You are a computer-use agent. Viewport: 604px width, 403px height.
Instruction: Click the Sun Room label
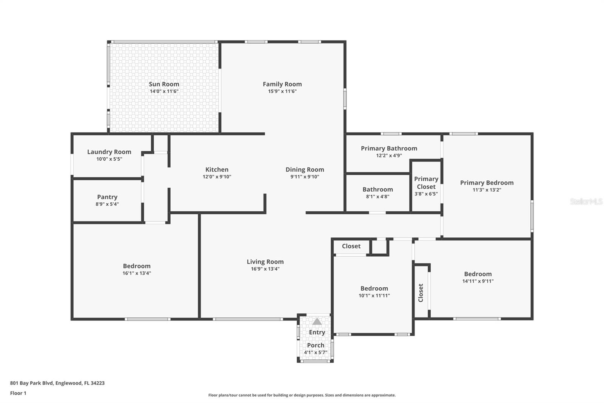164,84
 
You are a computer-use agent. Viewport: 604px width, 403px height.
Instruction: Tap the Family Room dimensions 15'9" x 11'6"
282,91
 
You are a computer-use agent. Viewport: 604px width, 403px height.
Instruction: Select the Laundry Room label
109,152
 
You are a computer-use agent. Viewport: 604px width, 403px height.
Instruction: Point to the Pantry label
107,197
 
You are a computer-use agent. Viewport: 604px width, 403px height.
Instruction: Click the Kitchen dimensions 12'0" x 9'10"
217,177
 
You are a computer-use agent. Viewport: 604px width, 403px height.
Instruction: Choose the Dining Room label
305,170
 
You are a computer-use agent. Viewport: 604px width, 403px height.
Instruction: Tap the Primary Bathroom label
389,148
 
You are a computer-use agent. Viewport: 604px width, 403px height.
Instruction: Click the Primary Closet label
426,183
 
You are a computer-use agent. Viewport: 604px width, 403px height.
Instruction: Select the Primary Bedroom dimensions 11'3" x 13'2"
487,190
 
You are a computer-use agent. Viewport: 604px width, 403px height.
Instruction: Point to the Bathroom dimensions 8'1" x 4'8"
378,197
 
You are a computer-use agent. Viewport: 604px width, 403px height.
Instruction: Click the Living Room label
265,262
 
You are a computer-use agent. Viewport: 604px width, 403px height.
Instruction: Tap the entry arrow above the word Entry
317,321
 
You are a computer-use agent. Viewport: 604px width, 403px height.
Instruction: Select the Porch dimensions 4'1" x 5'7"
316,352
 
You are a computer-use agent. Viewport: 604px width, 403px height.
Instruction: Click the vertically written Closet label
421,293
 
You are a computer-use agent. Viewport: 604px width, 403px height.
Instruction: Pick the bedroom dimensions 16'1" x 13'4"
137,273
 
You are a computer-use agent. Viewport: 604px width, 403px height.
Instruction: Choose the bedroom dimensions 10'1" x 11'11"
374,296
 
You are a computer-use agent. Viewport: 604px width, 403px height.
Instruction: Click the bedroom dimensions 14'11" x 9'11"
478,281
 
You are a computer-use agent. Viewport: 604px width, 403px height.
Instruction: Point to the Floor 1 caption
18,393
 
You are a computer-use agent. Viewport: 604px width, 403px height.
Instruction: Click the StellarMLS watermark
586,201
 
